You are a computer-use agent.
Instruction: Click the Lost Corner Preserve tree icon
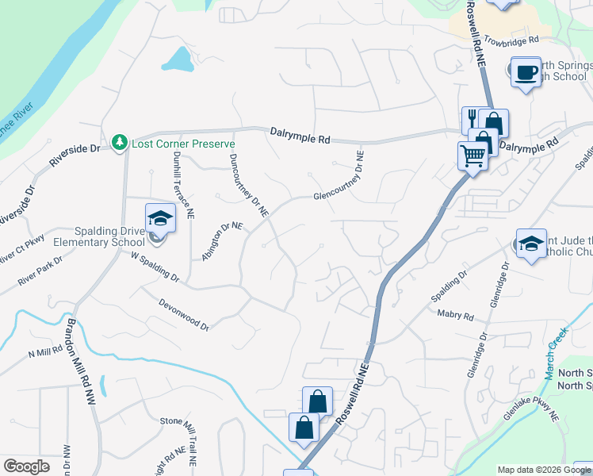[x=120, y=142]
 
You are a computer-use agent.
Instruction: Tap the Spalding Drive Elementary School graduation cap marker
[x=159, y=218]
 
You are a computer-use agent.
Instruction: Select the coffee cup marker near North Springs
[x=526, y=73]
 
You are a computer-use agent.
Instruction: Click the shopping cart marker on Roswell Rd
[x=472, y=156]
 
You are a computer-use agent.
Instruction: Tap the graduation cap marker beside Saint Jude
[x=530, y=244]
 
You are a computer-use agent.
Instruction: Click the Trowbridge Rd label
[x=511, y=39]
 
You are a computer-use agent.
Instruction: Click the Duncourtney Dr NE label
[x=248, y=185]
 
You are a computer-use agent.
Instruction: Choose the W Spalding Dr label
[x=155, y=267]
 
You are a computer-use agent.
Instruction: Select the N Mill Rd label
[x=45, y=352]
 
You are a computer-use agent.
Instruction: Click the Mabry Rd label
[x=456, y=315]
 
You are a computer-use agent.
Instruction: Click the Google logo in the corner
[x=26, y=466]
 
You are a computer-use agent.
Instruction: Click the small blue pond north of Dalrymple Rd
[x=178, y=59]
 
